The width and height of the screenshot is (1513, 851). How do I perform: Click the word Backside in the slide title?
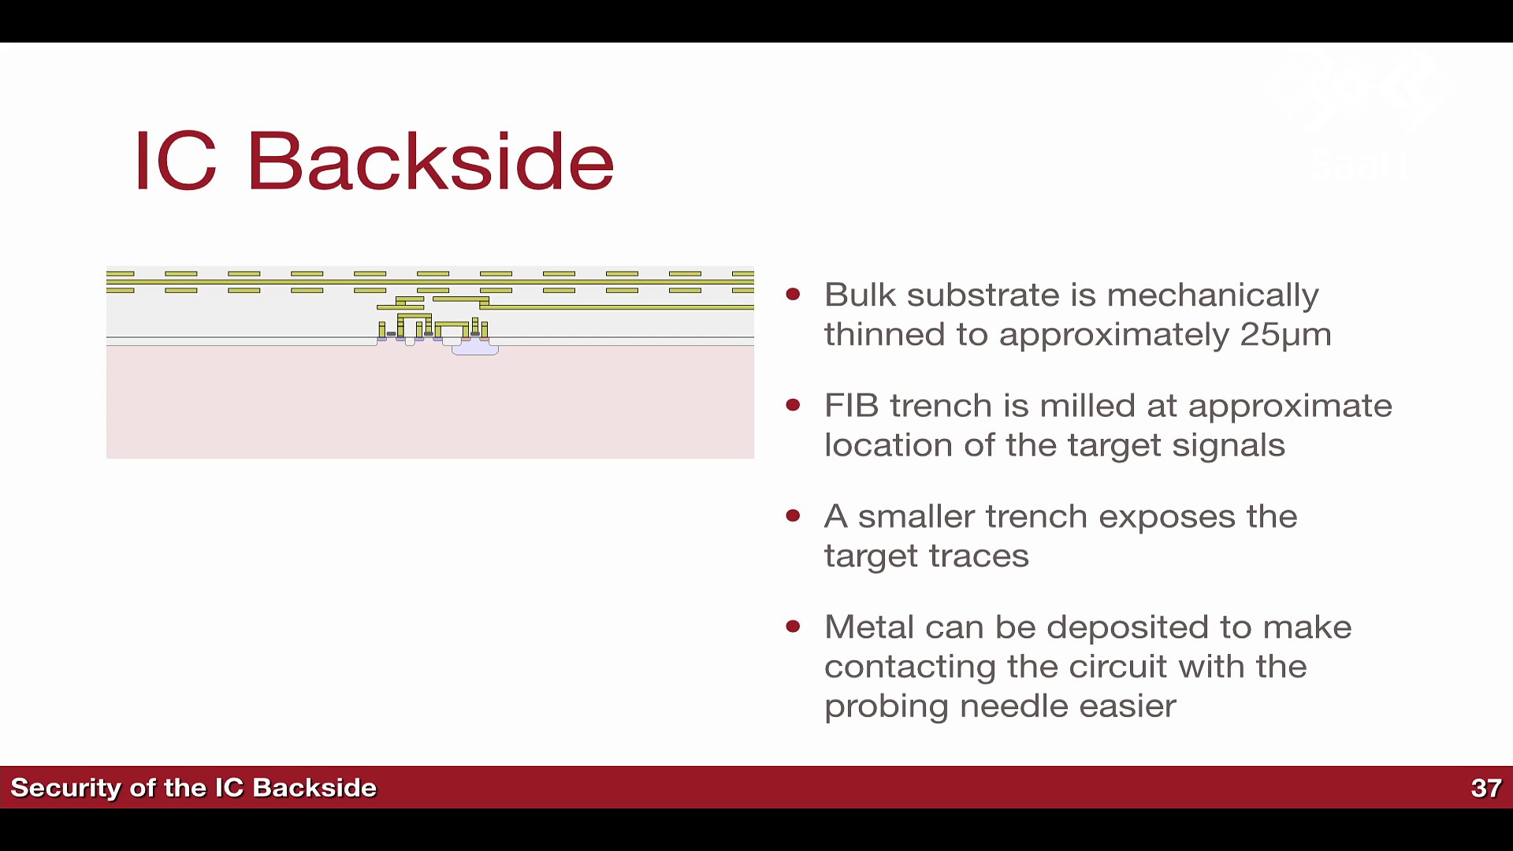tap(430, 161)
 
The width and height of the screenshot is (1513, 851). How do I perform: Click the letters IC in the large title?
tap(175, 161)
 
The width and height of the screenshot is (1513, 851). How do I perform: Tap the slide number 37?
tap(1486, 788)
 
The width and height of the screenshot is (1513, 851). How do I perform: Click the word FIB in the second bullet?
tap(852, 406)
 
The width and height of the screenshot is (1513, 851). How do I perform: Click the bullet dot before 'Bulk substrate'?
tap(793, 295)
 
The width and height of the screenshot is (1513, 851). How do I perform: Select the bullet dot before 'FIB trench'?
tap(793, 406)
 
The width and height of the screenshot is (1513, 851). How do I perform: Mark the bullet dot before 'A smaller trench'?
tap(793, 516)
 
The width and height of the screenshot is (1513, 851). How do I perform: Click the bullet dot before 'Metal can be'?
tap(793, 627)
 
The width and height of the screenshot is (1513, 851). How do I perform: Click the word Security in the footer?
tap(65, 788)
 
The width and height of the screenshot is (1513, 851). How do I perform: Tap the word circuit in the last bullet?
tap(1125, 667)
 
